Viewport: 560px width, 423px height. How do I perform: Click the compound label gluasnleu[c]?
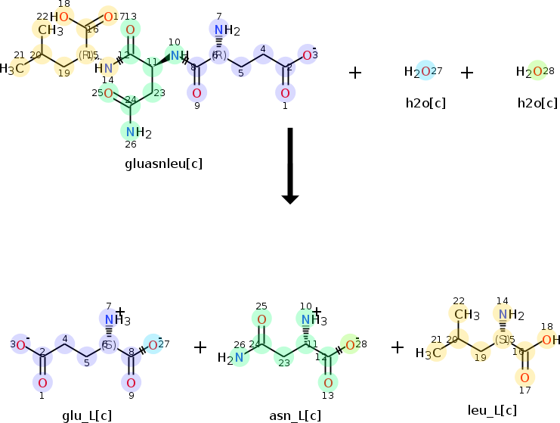pos(164,163)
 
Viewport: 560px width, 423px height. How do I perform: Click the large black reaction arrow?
pos(290,165)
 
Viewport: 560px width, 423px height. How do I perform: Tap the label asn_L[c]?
pos(295,415)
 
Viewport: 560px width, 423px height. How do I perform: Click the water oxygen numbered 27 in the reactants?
pos(425,72)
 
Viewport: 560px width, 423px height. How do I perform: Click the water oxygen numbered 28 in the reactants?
pos(537,72)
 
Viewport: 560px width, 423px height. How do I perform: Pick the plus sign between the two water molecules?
pos(467,73)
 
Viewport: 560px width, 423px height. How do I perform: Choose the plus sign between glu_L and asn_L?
pos(200,347)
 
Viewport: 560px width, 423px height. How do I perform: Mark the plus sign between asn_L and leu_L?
pos(398,347)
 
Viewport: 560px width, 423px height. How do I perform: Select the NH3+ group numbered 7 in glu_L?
pos(113,319)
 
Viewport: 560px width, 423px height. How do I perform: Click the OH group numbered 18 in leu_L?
pos(550,340)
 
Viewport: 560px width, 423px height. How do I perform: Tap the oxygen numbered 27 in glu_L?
pos(153,346)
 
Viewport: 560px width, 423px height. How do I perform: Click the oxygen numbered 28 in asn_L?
pos(350,346)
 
